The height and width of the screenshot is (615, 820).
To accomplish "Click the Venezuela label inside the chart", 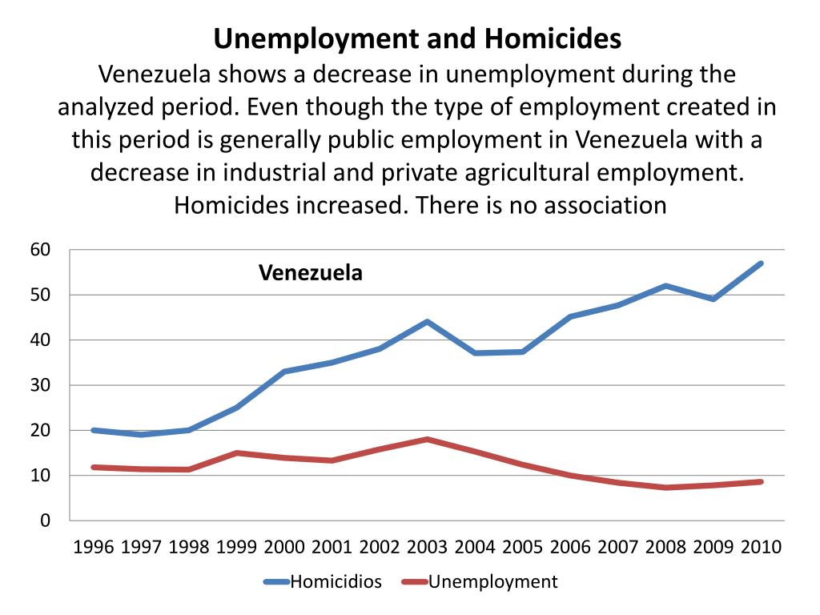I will click(x=310, y=273).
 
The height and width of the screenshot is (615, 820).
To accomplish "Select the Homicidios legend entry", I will click(x=335, y=581).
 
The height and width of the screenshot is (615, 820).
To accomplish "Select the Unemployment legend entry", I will click(x=492, y=581).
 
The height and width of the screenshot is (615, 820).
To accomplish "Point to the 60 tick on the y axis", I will click(x=40, y=250).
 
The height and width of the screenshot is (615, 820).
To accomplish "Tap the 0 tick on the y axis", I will click(x=45, y=521).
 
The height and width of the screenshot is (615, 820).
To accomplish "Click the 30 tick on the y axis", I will click(x=40, y=385).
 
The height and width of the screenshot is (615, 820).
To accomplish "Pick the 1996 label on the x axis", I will click(x=94, y=548).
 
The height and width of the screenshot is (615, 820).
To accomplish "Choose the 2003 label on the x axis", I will click(x=428, y=548).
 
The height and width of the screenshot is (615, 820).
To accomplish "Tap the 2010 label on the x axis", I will click(x=761, y=548).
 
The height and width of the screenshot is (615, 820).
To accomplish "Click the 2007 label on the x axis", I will click(x=618, y=548).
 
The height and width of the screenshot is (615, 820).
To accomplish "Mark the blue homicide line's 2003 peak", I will click(x=428, y=322).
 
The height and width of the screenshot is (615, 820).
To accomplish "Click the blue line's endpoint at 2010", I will click(x=761, y=263).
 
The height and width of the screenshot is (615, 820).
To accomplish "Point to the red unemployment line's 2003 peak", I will click(x=428, y=439).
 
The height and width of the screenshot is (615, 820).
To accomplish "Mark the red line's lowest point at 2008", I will click(x=665, y=488).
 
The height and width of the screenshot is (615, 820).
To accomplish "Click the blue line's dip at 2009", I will click(x=713, y=299).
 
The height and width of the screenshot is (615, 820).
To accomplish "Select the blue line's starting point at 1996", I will click(x=94, y=430).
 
